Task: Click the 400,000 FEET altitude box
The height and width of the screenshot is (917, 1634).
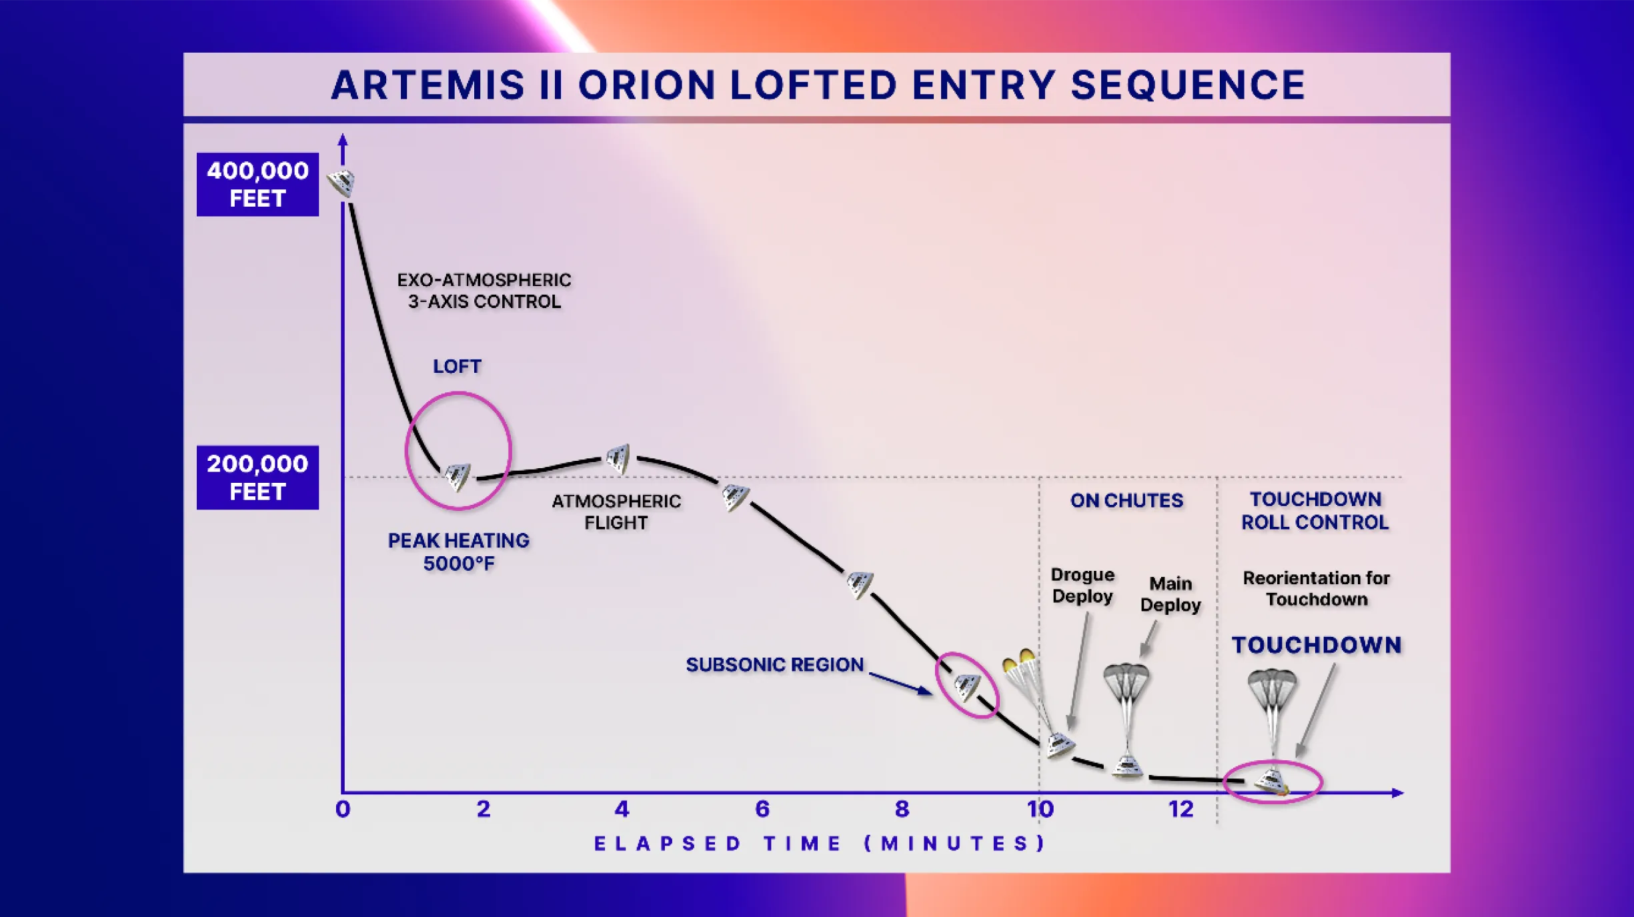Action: point(257,184)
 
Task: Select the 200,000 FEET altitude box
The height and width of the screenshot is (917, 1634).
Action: point(257,477)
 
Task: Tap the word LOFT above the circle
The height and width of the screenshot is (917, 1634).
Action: point(457,366)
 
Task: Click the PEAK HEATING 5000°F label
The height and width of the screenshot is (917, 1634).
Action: point(459,552)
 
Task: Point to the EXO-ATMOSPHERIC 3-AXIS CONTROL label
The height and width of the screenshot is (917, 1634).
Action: point(484,291)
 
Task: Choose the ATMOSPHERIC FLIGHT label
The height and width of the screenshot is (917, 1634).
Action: point(616,512)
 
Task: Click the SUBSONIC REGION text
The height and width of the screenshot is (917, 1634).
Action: point(774,664)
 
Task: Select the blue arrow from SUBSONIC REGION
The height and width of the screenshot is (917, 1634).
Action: point(900,684)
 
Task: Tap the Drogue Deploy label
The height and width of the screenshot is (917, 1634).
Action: point(1082,585)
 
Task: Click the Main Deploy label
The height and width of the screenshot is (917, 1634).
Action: point(1170,594)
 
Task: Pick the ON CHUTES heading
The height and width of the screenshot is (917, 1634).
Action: point(1126,500)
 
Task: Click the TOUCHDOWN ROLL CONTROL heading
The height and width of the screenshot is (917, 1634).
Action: point(1315,510)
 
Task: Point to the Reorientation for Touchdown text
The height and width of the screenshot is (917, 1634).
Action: point(1316,588)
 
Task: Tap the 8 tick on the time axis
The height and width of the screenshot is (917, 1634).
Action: point(902,809)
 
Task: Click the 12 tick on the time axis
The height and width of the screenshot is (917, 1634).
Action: point(1180,809)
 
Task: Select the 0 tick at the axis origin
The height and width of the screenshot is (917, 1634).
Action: point(343,809)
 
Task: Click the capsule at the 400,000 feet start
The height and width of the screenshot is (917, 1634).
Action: point(342,182)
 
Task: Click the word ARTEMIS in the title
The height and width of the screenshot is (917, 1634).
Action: point(428,85)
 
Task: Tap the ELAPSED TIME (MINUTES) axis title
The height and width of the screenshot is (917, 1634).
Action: point(820,844)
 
